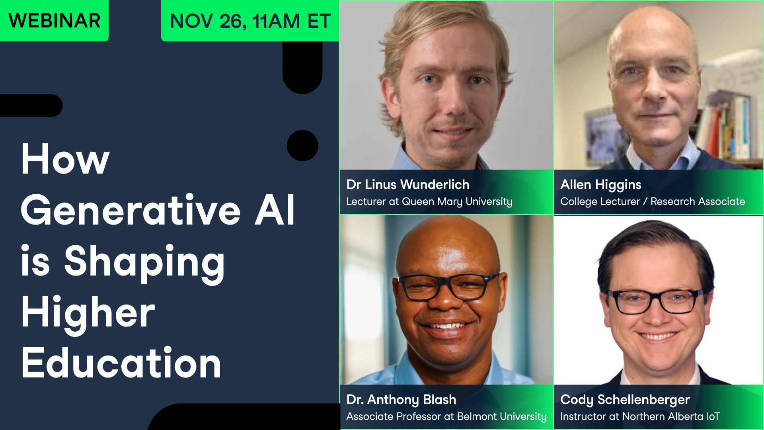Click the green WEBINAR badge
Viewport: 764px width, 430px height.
tap(54, 20)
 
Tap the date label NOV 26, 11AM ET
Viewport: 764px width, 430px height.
tap(250, 21)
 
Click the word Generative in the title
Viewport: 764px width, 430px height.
tap(131, 211)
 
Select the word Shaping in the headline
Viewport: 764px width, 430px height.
tap(144, 262)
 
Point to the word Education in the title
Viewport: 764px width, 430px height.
tap(121, 363)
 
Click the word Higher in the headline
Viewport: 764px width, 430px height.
tap(88, 313)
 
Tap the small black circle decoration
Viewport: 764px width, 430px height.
tap(302, 146)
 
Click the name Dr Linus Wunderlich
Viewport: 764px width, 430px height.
tap(408, 185)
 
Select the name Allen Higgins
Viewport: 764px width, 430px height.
tap(601, 185)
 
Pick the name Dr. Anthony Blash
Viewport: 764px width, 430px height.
tap(401, 399)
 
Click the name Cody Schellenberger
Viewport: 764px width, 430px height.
tap(625, 399)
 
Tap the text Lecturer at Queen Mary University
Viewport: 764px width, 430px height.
tap(429, 202)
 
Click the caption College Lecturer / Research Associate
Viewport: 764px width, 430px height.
tap(653, 202)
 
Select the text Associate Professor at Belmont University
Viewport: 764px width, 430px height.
tap(446, 416)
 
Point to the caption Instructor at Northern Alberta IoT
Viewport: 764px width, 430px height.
tap(640, 416)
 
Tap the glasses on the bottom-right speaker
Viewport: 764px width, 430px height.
tap(655, 302)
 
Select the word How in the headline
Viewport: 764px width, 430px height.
tap(65, 160)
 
